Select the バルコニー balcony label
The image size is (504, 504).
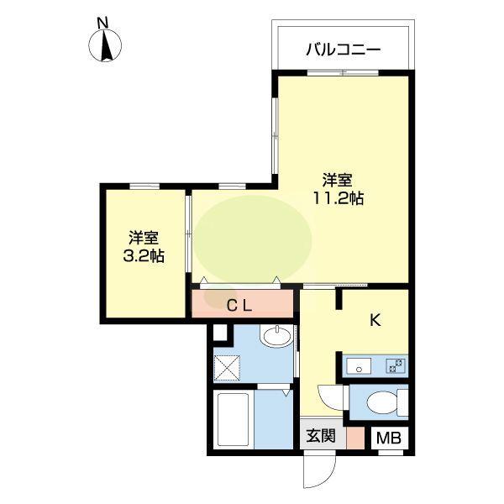pyautogui.click(x=343, y=50)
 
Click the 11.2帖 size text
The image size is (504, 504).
pyautogui.click(x=339, y=199)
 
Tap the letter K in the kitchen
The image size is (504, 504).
pyautogui.click(x=375, y=319)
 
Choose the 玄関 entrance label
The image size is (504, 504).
pyautogui.click(x=320, y=436)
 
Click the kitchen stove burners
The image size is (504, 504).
pyautogui.click(x=395, y=365)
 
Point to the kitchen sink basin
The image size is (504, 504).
pyautogui.click(x=359, y=365)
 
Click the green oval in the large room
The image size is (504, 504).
pyautogui.click(x=254, y=238)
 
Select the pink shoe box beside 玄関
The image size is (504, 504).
pyautogui.click(x=356, y=438)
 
